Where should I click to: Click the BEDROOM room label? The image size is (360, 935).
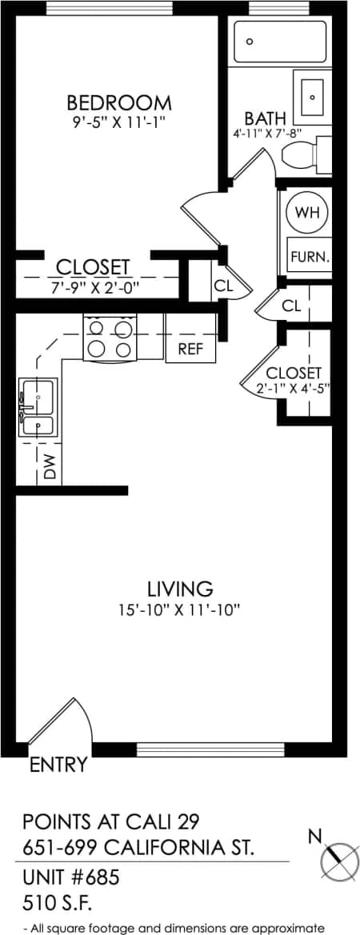click(118, 103)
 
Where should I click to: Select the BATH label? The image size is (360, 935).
click(265, 119)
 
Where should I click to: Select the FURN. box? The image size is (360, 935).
click(309, 258)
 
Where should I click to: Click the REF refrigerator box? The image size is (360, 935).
click(190, 349)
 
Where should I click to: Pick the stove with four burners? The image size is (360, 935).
click(110, 338)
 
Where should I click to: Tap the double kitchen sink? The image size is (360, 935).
click(37, 407)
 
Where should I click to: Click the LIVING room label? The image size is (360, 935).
click(180, 589)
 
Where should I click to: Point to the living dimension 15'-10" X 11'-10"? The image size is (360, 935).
click(179, 609)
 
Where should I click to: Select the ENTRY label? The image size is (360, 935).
click(58, 765)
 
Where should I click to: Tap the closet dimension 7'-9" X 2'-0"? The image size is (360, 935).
click(93, 287)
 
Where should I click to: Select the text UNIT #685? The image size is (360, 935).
click(70, 877)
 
